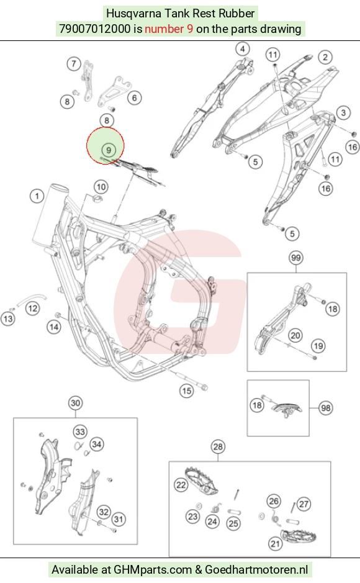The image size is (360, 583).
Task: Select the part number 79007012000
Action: pos(95,29)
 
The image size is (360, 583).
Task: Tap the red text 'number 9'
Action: pos(169,29)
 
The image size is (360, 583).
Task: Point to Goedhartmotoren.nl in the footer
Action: pos(256,569)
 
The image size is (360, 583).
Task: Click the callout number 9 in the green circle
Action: pos(109,150)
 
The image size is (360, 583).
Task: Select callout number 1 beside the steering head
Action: pos(37,196)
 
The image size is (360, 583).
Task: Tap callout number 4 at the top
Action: pos(243,48)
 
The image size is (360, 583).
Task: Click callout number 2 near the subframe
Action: pos(325,57)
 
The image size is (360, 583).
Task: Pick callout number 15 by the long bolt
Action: pos(186,391)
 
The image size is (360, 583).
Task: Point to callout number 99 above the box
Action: pos(295,257)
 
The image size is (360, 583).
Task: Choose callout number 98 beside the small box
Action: pos(326,408)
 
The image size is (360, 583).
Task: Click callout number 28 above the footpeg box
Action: pos(218,446)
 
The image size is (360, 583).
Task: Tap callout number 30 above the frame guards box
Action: pos(76,403)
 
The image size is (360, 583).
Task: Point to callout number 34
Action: pos(97,444)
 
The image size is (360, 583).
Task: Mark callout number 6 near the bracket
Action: pos(134,97)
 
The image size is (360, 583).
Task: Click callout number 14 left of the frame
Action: pos(53,327)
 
